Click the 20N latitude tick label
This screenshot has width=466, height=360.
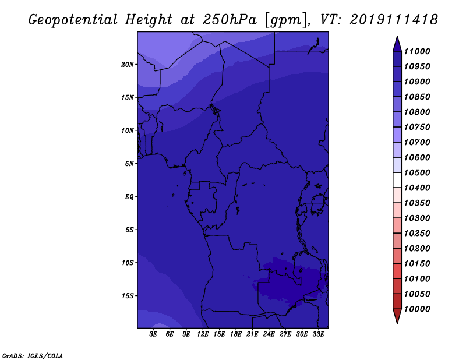pyautogui.click(x=128, y=65)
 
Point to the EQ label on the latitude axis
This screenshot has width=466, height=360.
pyautogui.click(x=129, y=197)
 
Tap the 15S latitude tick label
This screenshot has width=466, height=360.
pyautogui.click(x=128, y=296)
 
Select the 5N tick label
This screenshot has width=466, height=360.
pyautogui.click(x=129, y=164)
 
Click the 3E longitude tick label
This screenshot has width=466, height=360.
pyautogui.click(x=153, y=334)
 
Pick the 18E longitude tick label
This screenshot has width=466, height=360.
pyautogui.click(x=236, y=334)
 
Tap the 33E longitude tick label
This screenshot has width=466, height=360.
pyautogui.click(x=318, y=334)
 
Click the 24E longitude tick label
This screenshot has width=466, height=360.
pyautogui.click(x=269, y=334)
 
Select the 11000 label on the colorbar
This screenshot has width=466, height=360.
pyautogui.click(x=417, y=51)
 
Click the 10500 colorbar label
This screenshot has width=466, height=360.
pyautogui.click(x=417, y=172)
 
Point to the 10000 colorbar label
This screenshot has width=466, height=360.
pyautogui.click(x=417, y=309)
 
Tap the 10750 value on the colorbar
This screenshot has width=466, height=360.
pyautogui.click(x=417, y=127)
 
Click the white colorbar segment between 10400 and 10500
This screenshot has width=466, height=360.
pyautogui.click(x=397, y=180)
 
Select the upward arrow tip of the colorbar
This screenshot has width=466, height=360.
pyautogui.click(x=397, y=36)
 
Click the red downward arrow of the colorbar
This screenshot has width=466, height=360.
pyautogui.click(x=397, y=316)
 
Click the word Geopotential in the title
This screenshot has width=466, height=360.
pyautogui.click(x=73, y=20)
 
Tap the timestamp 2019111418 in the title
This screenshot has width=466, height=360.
pyautogui.click(x=394, y=20)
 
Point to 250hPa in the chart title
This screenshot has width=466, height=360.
pyautogui.click(x=230, y=20)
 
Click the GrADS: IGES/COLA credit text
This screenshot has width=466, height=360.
pyautogui.click(x=33, y=356)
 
